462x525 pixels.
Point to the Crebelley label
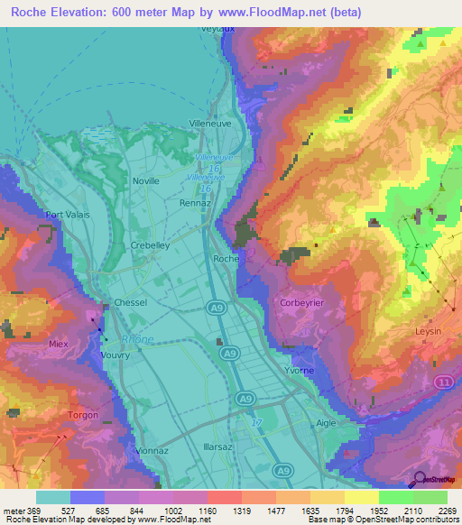(151, 245)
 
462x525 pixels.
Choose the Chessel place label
(130, 303)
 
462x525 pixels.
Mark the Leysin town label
(426, 331)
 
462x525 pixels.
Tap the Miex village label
(59, 344)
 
